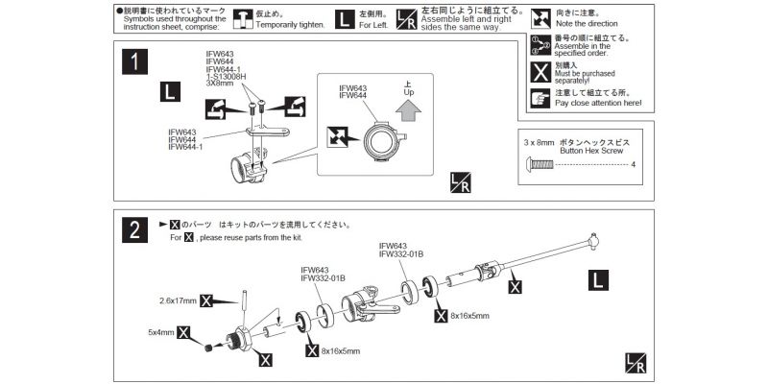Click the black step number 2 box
[x=136, y=230]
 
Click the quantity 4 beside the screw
[x=635, y=165]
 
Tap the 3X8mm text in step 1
[x=219, y=84]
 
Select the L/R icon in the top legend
[x=406, y=18]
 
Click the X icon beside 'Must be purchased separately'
[x=540, y=71]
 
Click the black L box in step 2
[x=597, y=279]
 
